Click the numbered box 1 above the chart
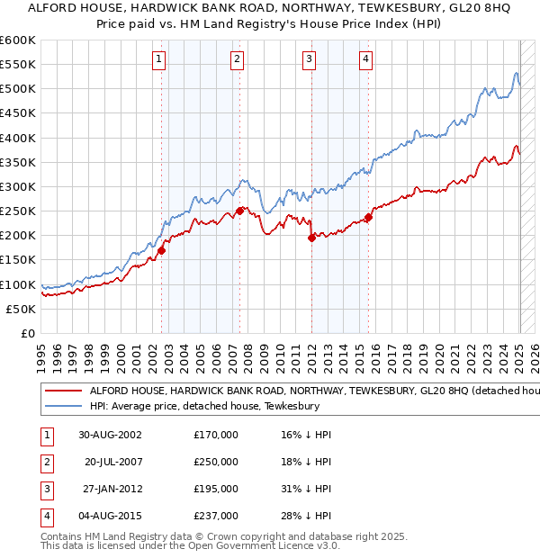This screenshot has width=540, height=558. coord(158,60)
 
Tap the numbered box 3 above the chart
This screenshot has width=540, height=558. coord(309,60)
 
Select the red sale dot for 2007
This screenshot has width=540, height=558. coord(239,211)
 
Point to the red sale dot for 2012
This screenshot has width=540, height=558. coord(311,238)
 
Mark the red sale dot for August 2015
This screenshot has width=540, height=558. coord(368,217)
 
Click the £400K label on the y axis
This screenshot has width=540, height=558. coord(18,138)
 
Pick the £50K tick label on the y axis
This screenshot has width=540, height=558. coord(22,309)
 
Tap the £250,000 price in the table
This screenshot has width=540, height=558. coord(216,462)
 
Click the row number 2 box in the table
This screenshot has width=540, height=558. coord(44,462)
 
